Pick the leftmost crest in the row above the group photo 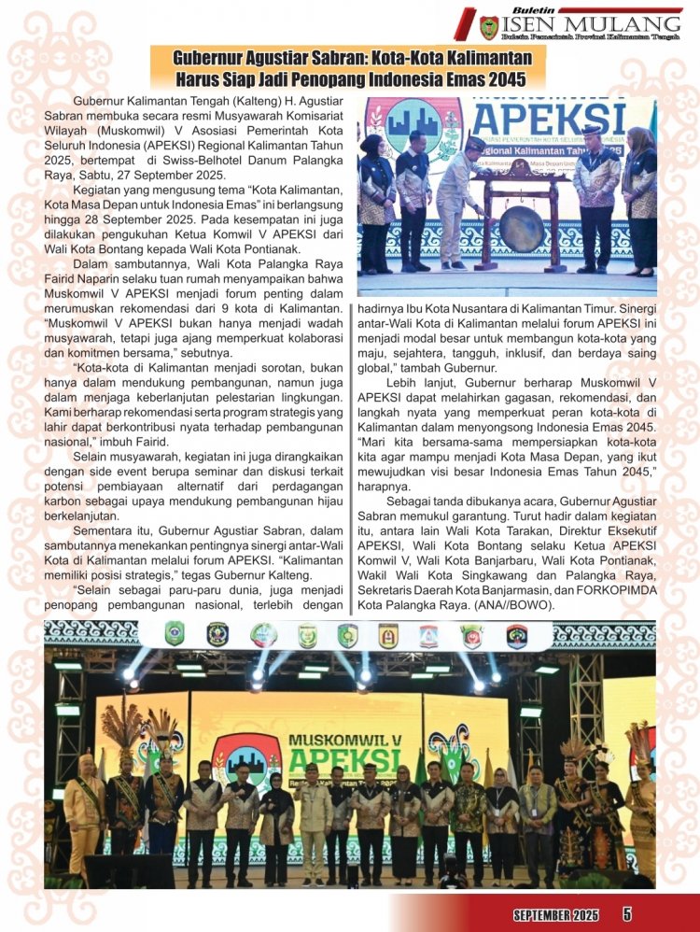click(x=175, y=635)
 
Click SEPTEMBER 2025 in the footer click(x=554, y=914)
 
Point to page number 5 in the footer click(x=626, y=914)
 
